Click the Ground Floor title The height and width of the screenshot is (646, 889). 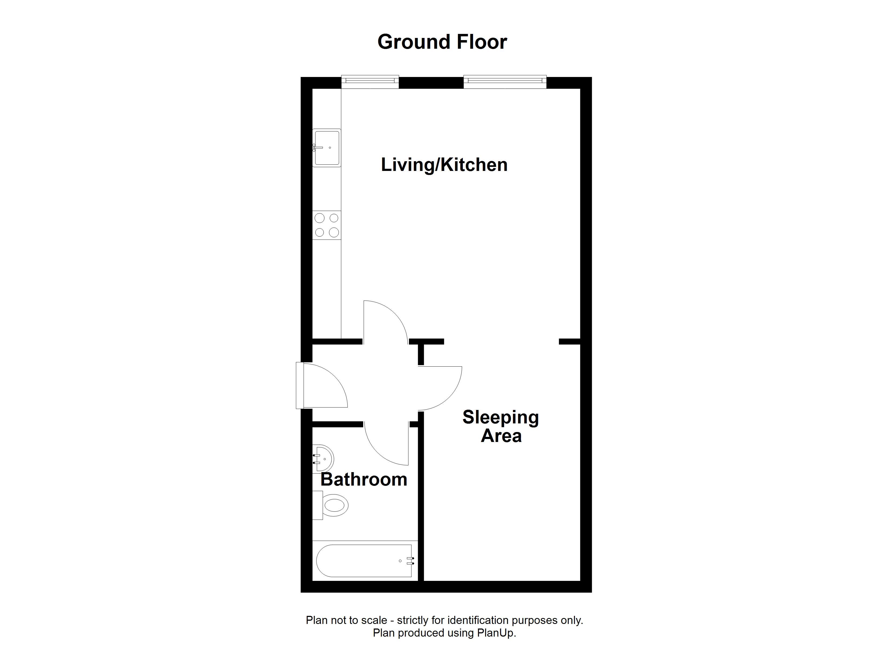pyautogui.click(x=442, y=42)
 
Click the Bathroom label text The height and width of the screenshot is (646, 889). pyautogui.click(x=364, y=479)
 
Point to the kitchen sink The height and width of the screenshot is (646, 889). pyautogui.click(x=327, y=148)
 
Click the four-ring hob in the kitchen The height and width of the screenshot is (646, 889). pyautogui.click(x=327, y=225)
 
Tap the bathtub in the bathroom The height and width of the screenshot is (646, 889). pyautogui.click(x=364, y=561)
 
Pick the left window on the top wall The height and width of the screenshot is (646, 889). pyautogui.click(x=370, y=82)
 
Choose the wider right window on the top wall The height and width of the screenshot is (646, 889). pyautogui.click(x=505, y=82)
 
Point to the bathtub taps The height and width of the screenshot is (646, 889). pyautogui.click(x=410, y=561)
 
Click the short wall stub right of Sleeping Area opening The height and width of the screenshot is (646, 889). pyautogui.click(x=569, y=342)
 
